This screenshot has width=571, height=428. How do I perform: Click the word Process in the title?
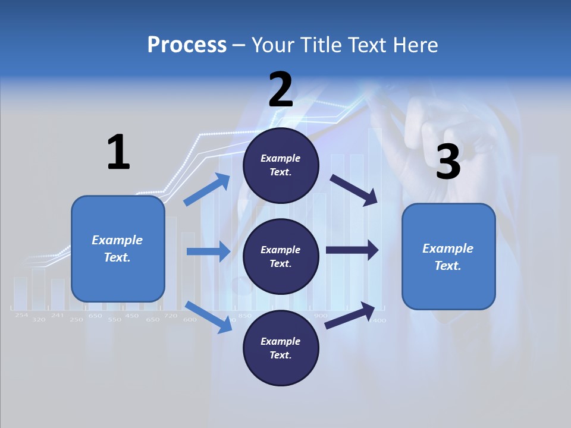[187, 45]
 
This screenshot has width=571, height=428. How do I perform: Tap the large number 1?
[118, 152]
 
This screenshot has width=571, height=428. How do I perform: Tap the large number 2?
[281, 90]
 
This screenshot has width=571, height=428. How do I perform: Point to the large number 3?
[448, 162]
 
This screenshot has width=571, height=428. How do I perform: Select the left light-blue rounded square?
[118, 248]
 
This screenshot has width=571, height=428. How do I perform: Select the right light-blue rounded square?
[448, 257]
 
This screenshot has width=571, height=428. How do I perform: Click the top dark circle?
[281, 165]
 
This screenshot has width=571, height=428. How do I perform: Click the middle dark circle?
[281, 256]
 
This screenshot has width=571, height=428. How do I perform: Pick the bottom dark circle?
[281, 348]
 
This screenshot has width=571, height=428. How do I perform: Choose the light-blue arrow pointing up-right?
[208, 190]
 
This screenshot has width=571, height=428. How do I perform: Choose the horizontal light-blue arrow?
[208, 251]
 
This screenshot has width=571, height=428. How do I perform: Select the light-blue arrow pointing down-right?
[209, 317]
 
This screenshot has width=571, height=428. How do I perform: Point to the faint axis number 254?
[21, 315]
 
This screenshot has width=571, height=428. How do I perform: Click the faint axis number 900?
[320, 315]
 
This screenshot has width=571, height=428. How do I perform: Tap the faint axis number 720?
[171, 315]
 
